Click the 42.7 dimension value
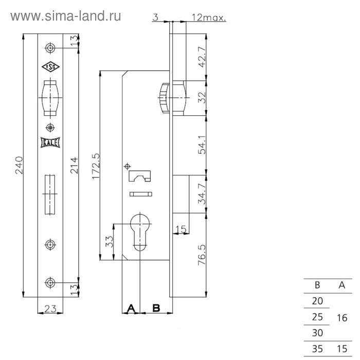[202, 57]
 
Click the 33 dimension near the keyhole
[109, 242]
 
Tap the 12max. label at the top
[209, 17]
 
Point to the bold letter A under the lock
[131, 308]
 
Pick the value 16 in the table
[341, 318]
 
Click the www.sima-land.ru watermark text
[66, 15]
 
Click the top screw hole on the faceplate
[49, 48]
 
